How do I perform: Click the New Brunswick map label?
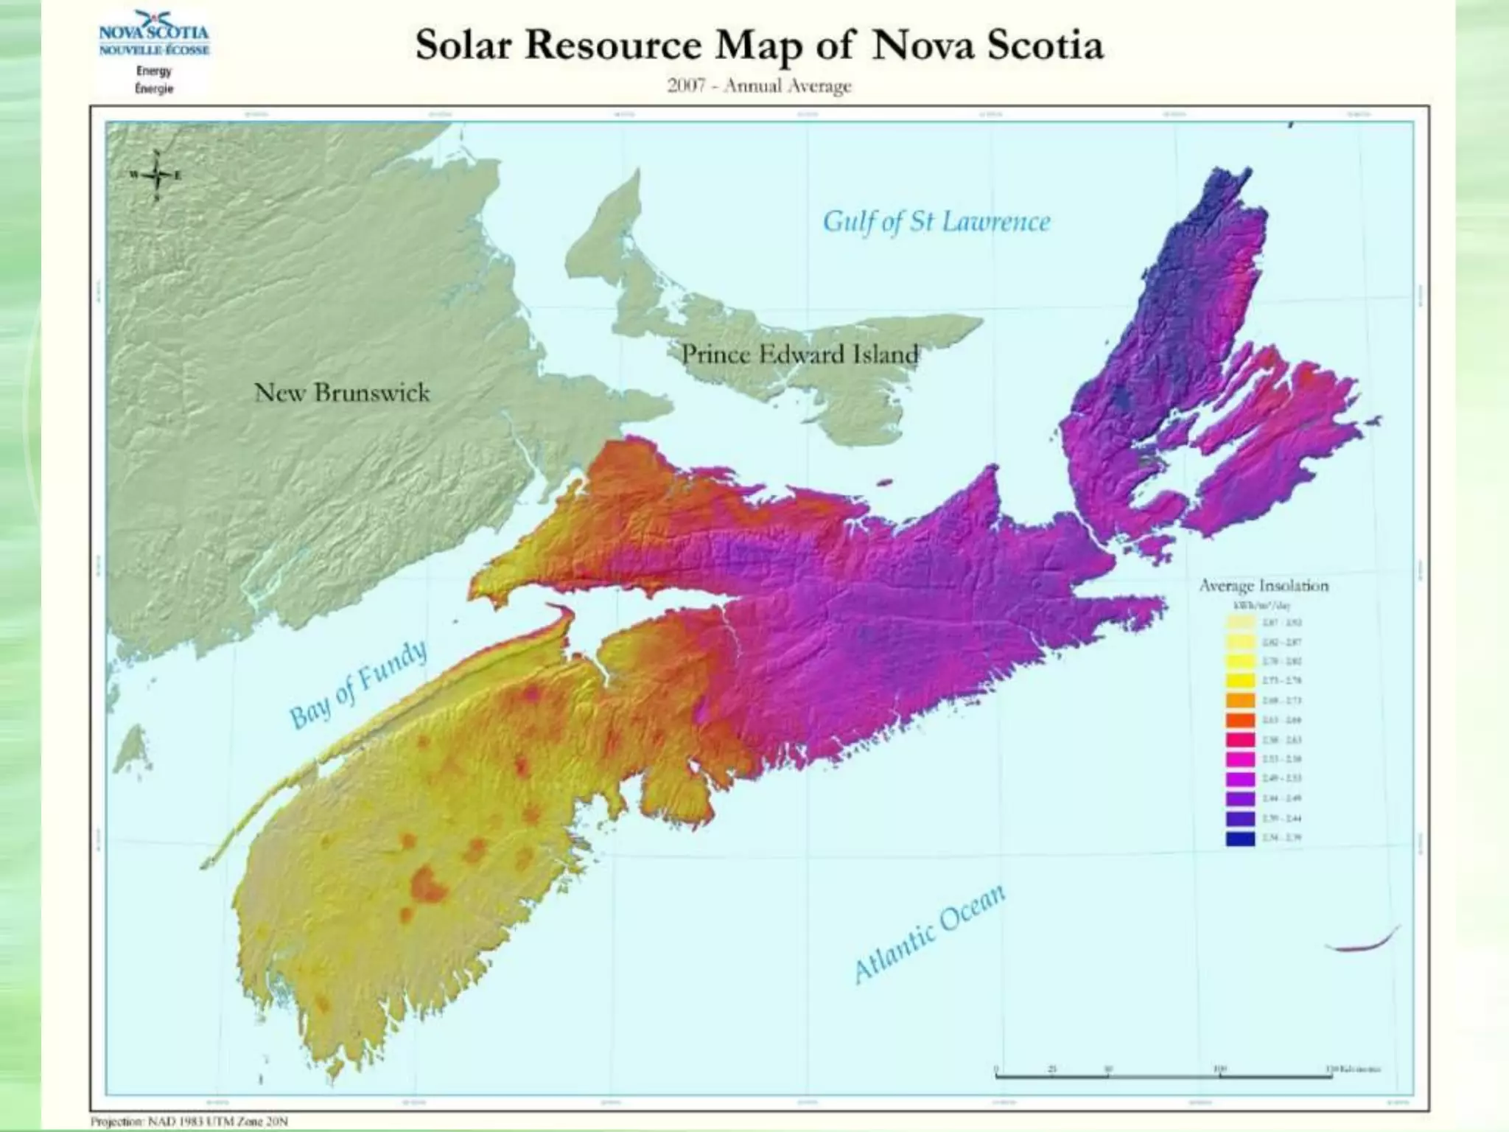[x=342, y=392]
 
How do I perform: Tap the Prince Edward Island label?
[x=799, y=354]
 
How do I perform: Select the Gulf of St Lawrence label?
[x=936, y=221]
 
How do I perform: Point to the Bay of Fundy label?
[x=358, y=685]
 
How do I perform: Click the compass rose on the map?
[x=156, y=175]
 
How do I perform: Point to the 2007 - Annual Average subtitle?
[x=759, y=86]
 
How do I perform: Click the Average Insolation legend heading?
[x=1264, y=586]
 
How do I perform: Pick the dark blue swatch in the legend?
[x=1241, y=838]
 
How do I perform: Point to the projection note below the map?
[x=189, y=1121]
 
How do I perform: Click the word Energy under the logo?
[x=154, y=71]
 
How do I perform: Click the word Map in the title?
[x=758, y=46]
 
